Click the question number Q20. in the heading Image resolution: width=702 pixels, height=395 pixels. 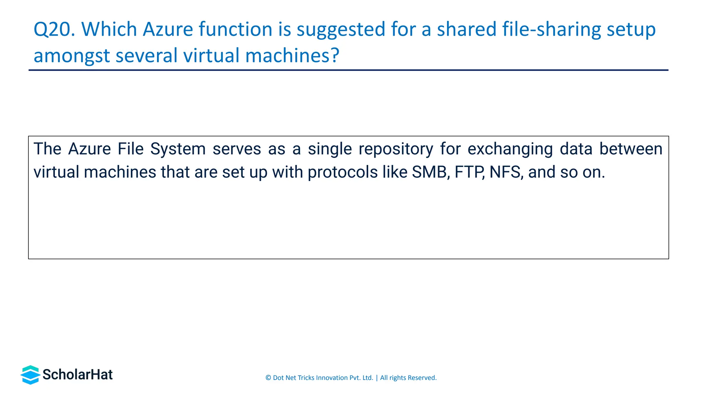(54, 29)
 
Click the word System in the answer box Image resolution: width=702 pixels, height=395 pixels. (178, 149)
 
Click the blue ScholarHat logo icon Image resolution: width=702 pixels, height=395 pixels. (30, 375)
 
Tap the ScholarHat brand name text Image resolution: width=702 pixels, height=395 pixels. (77, 375)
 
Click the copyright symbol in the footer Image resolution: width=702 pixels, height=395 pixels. (268, 378)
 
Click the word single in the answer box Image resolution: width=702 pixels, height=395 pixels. (330, 149)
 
